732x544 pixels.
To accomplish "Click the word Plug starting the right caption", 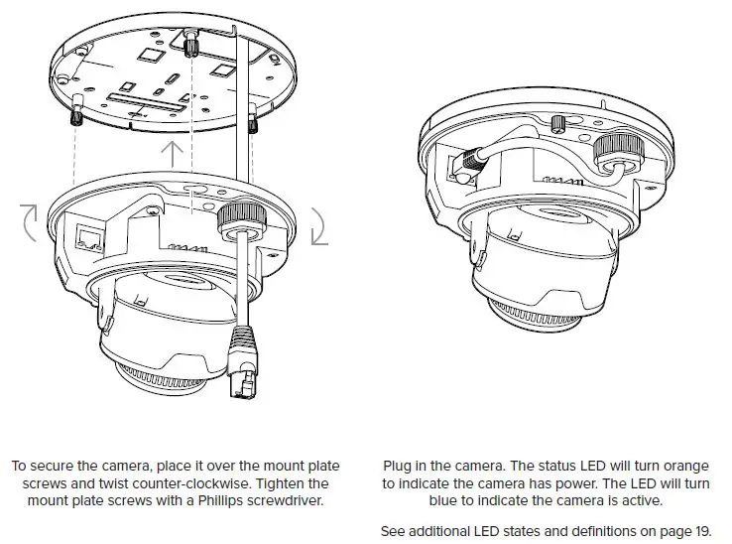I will (398, 465).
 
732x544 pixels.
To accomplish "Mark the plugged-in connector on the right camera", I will (466, 164).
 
